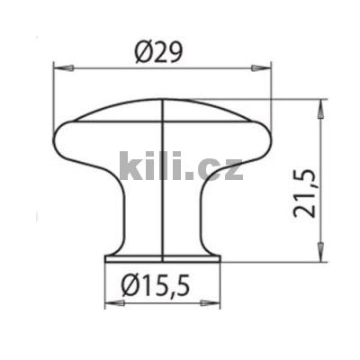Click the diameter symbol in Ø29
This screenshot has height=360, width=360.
143,52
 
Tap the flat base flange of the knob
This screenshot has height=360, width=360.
162,258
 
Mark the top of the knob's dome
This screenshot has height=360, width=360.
162,100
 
